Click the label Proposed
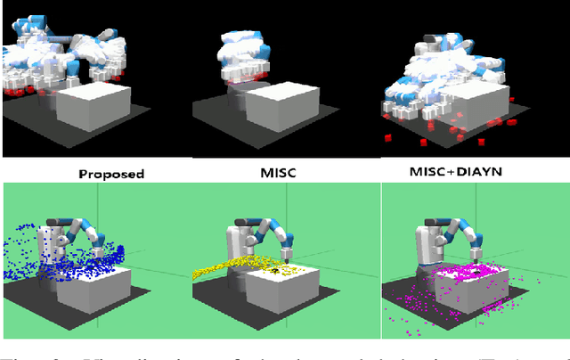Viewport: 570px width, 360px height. click(110, 174)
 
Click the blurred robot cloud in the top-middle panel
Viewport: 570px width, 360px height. click(240, 53)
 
